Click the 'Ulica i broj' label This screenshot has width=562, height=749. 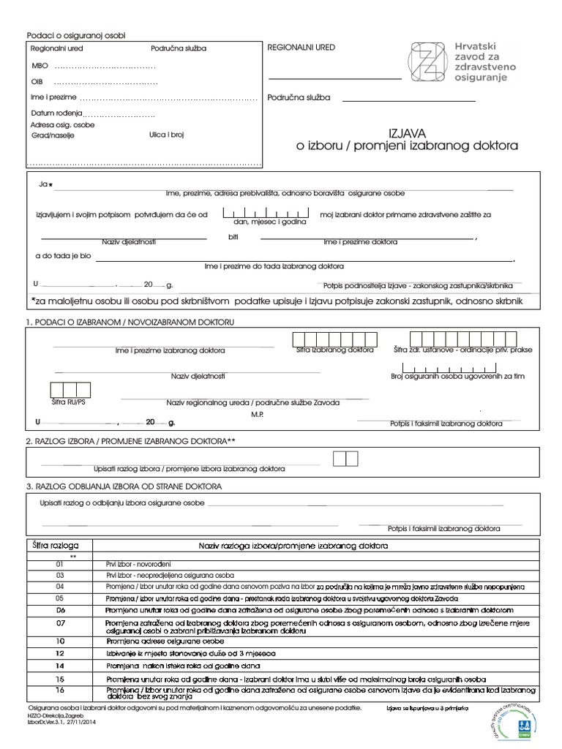[x=167, y=135]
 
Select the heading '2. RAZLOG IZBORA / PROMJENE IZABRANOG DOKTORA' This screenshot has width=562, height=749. [x=131, y=441]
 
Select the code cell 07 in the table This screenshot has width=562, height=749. [x=60, y=622]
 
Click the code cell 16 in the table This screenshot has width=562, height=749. [x=60, y=690]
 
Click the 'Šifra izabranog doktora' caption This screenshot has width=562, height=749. [x=334, y=350]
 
